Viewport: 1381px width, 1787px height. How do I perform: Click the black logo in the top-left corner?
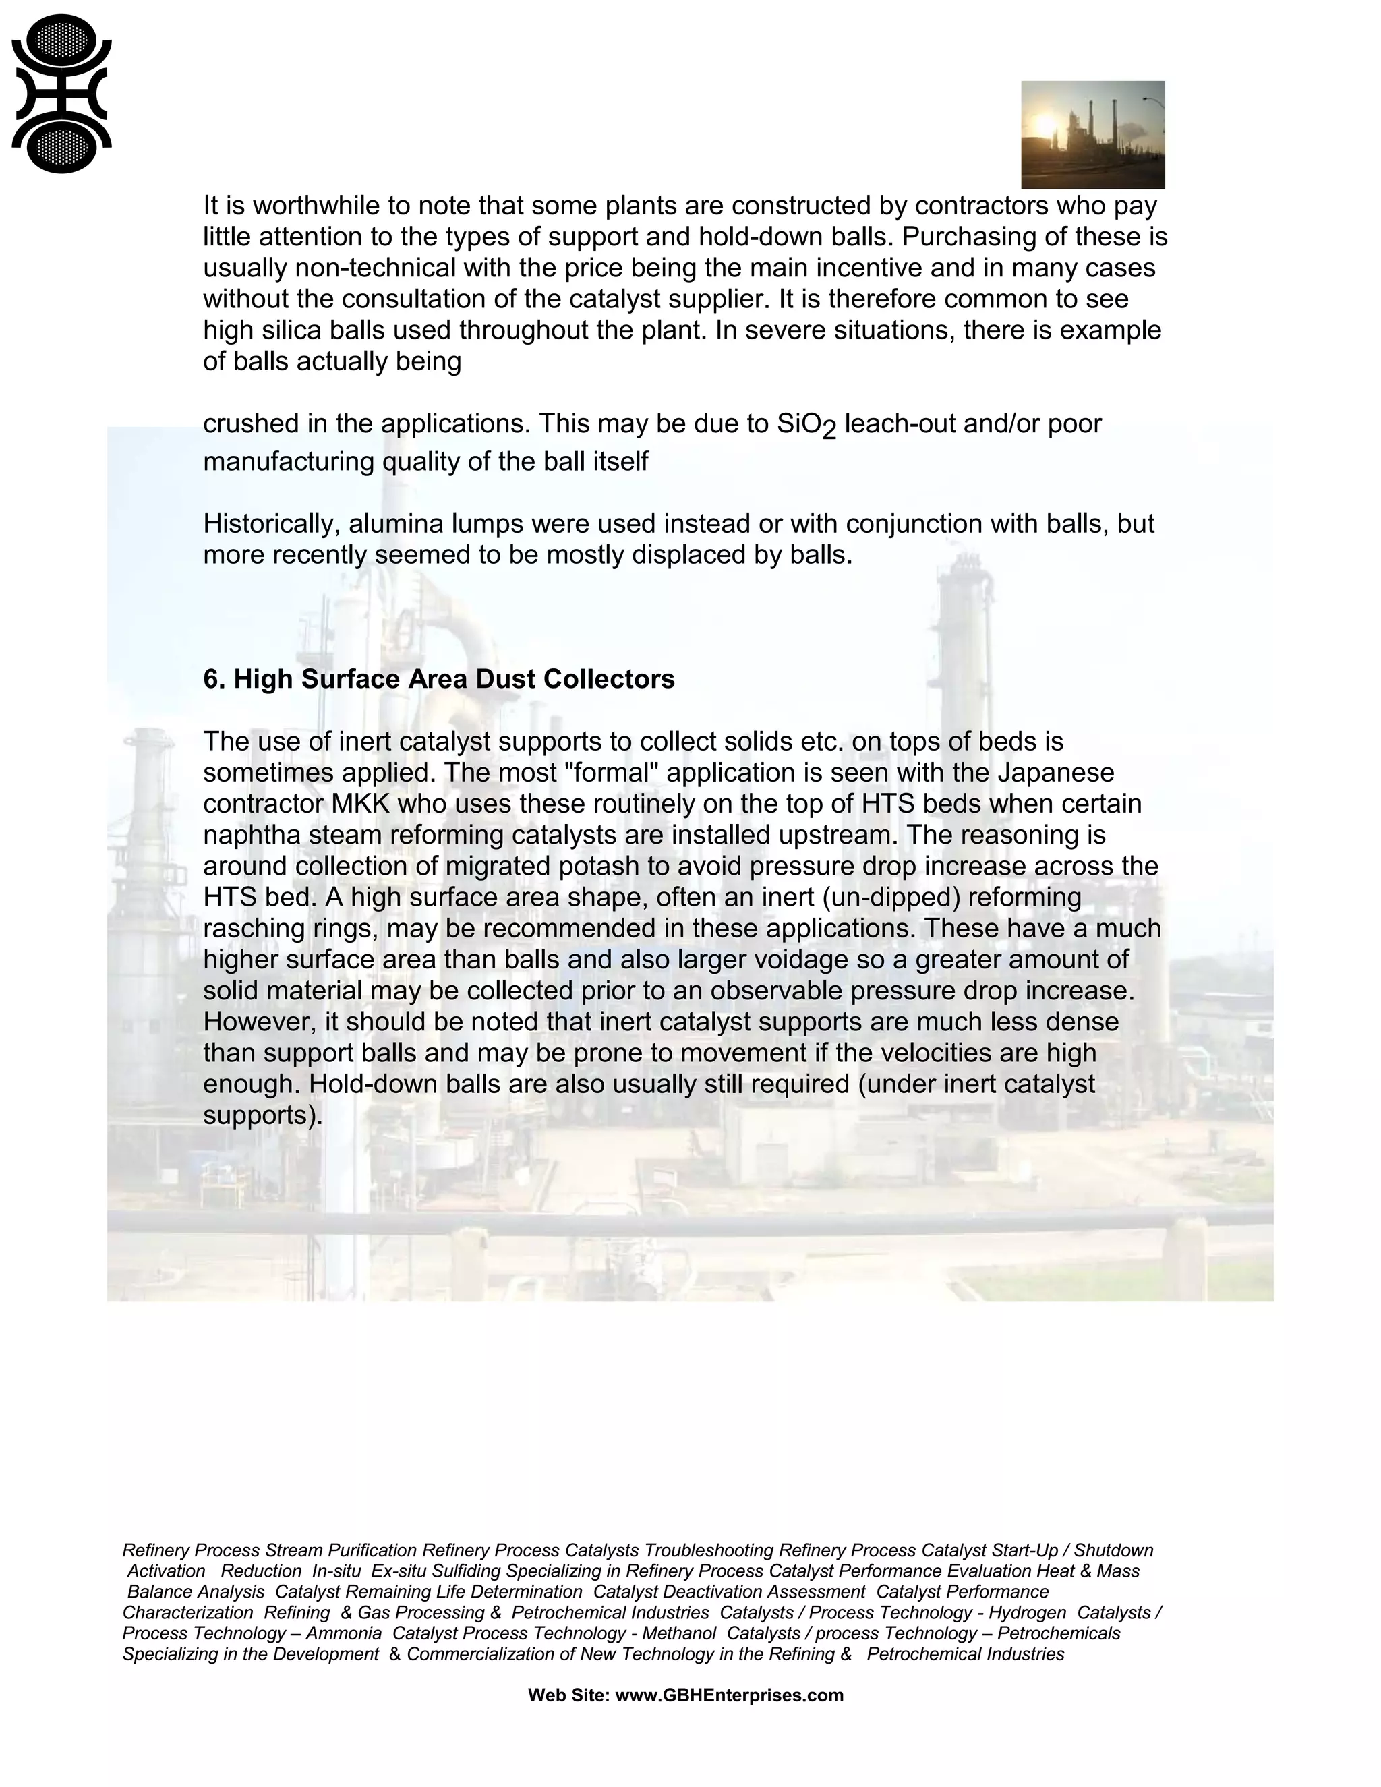click(x=61, y=94)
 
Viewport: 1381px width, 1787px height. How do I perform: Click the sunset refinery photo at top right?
click(x=1092, y=134)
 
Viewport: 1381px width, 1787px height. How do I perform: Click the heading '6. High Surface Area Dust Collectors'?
click(x=438, y=679)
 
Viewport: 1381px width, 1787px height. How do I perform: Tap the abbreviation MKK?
click(x=361, y=804)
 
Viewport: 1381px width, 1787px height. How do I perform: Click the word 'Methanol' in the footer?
click(x=678, y=1633)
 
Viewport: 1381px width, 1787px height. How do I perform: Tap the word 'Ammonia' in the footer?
click(x=344, y=1633)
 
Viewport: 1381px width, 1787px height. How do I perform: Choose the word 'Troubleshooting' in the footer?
click(x=709, y=1550)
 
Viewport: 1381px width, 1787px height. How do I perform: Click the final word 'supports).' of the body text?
click(x=262, y=1115)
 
